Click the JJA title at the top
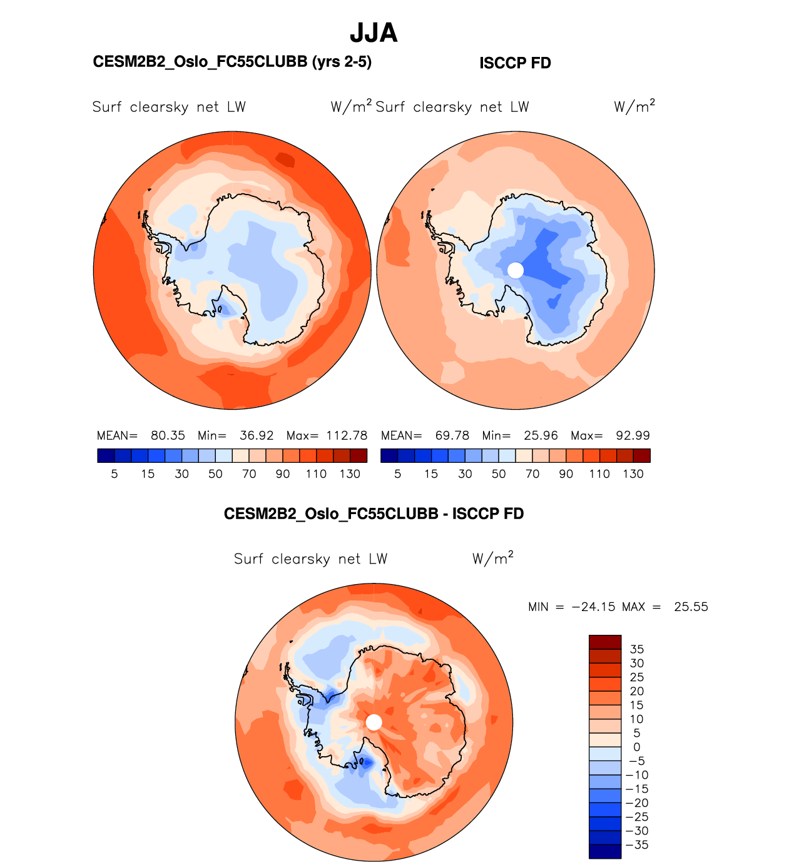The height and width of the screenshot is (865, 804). pos(374,33)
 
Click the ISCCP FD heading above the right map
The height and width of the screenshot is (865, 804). pos(515,63)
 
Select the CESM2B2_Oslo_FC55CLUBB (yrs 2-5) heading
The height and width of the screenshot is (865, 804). pos(232,62)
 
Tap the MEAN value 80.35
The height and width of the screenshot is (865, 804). pos(168,435)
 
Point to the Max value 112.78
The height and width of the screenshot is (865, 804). pos(347,435)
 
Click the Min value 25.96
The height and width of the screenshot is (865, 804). pos(541,435)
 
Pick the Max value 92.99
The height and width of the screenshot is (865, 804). pos(633,435)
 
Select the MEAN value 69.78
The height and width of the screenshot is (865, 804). pos(452,435)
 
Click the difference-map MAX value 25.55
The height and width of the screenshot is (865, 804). pos(691,607)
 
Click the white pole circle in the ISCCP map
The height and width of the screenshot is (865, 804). pos(516,270)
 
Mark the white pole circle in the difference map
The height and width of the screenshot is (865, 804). pos(374,722)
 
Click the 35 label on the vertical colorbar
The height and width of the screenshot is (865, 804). pos(637,649)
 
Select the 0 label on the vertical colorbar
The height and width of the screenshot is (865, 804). pos(637,747)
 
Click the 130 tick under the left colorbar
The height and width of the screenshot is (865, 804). pos(350,474)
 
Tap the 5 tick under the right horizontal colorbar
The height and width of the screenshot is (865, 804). pos(398,474)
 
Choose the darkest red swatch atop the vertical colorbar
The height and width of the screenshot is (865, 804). pos(605,642)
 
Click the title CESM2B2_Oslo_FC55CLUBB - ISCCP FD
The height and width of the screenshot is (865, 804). pos(374,514)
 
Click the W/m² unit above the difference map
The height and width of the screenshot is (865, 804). pos(492,558)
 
